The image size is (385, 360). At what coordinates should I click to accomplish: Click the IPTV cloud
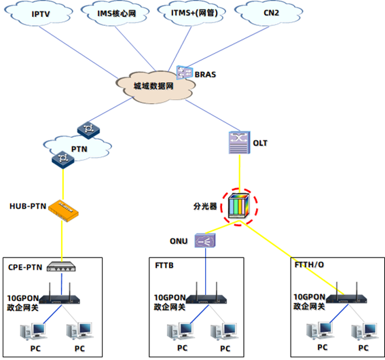point(39,14)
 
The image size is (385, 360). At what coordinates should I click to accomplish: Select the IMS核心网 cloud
point(115,14)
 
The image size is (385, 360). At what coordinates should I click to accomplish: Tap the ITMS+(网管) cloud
point(191,14)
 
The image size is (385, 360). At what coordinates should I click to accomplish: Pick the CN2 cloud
point(269,14)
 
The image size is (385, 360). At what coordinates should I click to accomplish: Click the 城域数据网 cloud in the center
point(155,87)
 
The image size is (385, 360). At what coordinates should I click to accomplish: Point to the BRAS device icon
point(185,73)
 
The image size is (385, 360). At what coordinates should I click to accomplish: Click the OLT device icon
point(240,143)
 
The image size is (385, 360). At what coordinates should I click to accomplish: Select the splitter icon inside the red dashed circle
point(238,206)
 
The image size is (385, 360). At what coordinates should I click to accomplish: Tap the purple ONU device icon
point(205,240)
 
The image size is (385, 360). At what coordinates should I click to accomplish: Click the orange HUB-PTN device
point(63,211)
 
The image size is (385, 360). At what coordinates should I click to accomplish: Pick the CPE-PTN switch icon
point(61,267)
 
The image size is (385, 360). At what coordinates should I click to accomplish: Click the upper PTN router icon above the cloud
point(88,130)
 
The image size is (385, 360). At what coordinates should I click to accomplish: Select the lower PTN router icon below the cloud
point(63,160)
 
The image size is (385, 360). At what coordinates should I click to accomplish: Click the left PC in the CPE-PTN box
point(33,331)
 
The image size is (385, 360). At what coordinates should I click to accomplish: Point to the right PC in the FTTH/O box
point(365,331)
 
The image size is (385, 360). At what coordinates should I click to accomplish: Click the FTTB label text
point(164,266)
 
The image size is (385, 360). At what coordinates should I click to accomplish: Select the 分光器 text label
point(205,206)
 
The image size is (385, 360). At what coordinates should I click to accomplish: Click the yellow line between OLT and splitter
point(240,174)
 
